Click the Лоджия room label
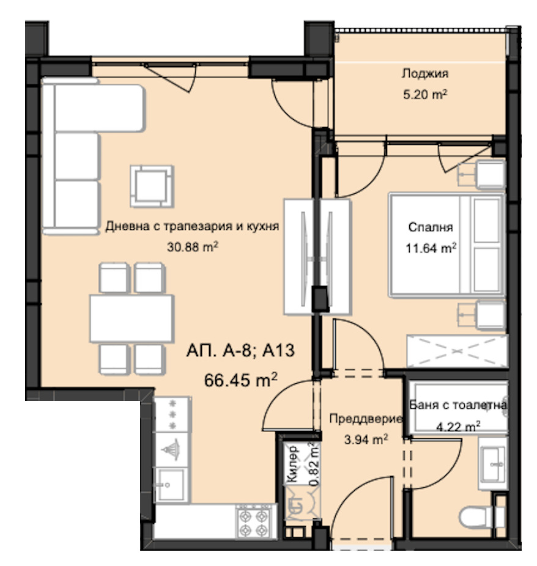[425, 74]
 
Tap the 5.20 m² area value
[425, 95]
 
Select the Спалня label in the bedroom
[430, 227]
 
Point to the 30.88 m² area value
[193, 247]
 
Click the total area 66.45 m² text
[240, 380]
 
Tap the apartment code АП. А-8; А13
[240, 350]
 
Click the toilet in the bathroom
[482, 517]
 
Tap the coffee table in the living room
[152, 186]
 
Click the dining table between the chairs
[132, 318]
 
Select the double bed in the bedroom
[446, 245]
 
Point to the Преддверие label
[366, 419]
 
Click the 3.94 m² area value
[366, 439]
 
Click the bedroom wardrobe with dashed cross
[457, 351]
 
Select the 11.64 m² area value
[431, 248]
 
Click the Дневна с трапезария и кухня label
[192, 226]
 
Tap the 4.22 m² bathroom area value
[458, 427]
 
